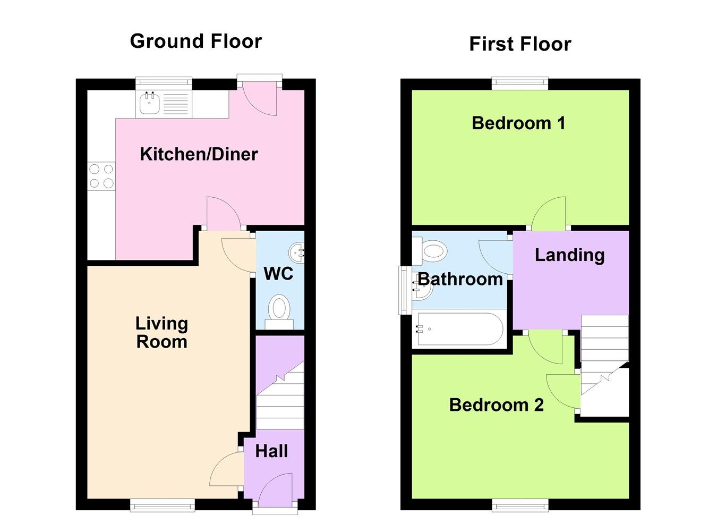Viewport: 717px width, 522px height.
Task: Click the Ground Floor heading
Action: point(196,41)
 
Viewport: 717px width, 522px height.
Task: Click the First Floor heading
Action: point(520,44)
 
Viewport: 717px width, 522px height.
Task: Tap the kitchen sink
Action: point(149,104)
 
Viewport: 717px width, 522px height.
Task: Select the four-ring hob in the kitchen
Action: point(101,176)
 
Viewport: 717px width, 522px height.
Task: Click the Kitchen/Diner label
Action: point(199,154)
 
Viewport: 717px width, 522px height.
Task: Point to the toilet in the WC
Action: point(279,310)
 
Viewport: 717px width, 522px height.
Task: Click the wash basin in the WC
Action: point(298,252)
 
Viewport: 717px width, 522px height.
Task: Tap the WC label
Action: point(278,274)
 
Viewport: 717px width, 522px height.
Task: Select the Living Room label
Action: point(162,332)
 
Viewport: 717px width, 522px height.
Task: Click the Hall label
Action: point(271,451)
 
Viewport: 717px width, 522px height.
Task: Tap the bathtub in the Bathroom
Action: point(460,329)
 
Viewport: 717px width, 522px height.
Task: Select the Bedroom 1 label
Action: point(518,123)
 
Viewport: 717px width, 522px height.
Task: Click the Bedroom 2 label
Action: point(496,405)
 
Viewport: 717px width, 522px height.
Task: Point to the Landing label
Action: point(569,255)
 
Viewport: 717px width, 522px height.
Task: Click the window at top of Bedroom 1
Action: point(519,82)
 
